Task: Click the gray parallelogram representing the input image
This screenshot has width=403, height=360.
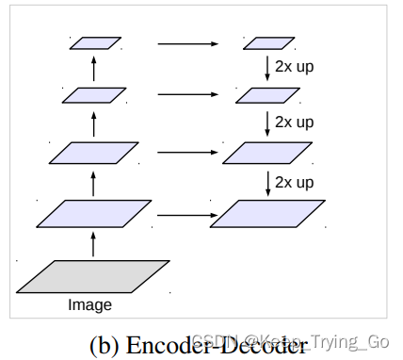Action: pos(93,276)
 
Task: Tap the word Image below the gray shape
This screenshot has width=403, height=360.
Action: pos(89,305)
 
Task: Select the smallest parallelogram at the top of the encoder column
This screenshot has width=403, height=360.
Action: pos(95,42)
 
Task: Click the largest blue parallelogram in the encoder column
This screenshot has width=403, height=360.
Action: pos(94,214)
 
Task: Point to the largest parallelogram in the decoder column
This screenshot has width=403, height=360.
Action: pos(267,214)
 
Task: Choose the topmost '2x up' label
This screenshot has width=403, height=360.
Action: pos(295,67)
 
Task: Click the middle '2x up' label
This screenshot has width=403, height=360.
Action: pos(295,122)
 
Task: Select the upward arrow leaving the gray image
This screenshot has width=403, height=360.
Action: pos(92,244)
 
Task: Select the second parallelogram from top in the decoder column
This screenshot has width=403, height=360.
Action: pos(267,95)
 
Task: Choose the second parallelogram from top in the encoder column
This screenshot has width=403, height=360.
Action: pos(94,95)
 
